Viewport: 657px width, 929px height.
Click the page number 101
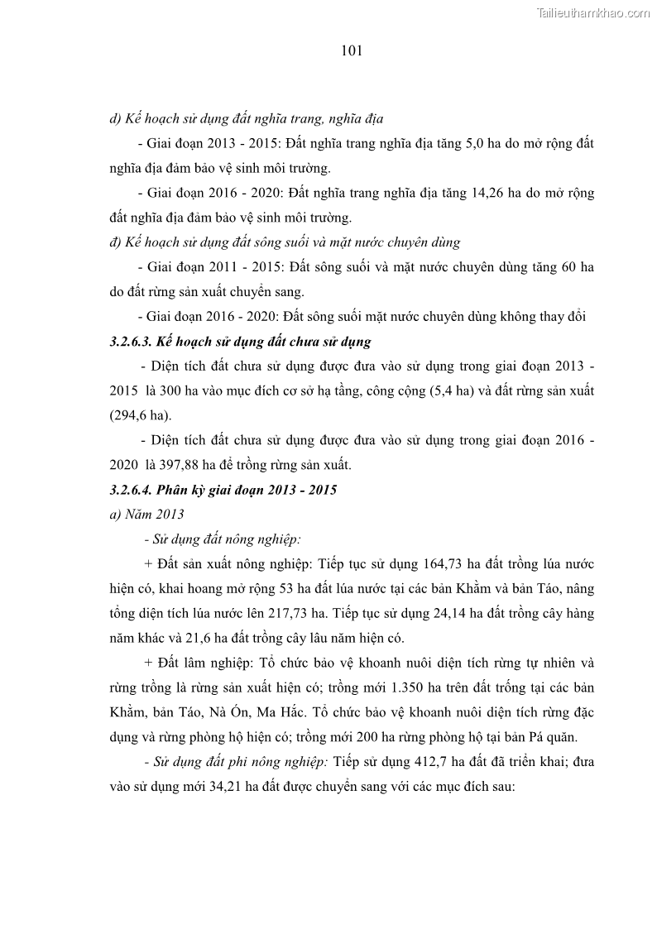(x=352, y=50)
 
